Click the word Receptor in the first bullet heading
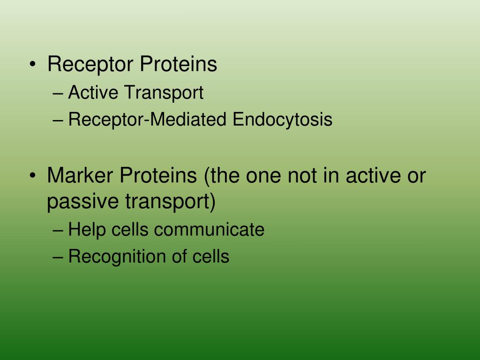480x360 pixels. tap(89, 65)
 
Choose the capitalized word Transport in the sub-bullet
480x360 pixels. tap(164, 93)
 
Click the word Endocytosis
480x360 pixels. tap(283, 120)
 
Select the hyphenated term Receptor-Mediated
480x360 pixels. tap(148, 120)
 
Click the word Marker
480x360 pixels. tap(81, 176)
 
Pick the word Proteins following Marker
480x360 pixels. tap(158, 176)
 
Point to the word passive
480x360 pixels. tap(83, 203)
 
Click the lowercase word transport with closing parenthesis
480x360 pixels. tap(170, 202)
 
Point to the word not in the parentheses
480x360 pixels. tap(300, 176)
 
